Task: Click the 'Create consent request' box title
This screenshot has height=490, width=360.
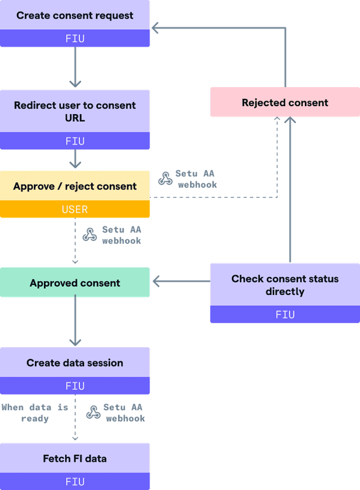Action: point(75,15)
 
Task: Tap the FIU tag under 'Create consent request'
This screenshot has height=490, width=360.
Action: point(75,39)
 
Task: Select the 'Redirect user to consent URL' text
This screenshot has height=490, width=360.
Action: point(75,111)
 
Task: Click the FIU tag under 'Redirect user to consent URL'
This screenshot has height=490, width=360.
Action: point(75,141)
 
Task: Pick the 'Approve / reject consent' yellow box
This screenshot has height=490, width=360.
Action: point(75,186)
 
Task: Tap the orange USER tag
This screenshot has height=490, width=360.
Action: point(75,210)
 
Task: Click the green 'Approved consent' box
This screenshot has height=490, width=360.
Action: point(75,283)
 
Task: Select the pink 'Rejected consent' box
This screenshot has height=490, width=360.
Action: point(285,102)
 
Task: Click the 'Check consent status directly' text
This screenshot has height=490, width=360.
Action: point(285,285)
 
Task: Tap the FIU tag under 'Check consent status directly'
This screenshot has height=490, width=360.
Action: point(285,315)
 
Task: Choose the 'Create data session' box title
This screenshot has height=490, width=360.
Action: point(75,362)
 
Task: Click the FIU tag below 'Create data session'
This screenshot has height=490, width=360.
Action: point(75,386)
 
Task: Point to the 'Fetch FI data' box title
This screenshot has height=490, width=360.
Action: point(75,459)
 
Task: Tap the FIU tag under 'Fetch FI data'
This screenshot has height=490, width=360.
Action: point(75,482)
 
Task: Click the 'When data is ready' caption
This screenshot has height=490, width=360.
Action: point(35,413)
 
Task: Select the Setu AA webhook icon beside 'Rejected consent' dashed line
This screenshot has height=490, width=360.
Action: point(165,179)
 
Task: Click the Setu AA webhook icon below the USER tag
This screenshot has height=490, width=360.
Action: point(90,234)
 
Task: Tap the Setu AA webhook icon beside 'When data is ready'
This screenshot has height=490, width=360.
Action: point(93,412)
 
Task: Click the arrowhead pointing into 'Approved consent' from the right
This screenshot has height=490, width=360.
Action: point(157,282)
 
